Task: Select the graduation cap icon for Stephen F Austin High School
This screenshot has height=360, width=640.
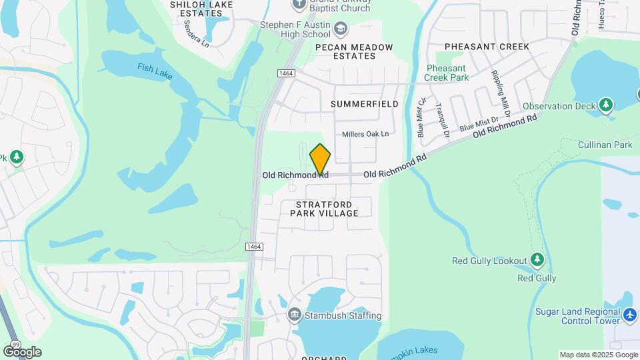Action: tap(341, 29)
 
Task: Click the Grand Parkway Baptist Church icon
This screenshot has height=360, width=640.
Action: tap(299, 3)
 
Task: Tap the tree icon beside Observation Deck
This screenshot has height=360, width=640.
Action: tap(605, 105)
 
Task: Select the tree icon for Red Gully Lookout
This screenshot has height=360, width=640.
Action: tap(537, 260)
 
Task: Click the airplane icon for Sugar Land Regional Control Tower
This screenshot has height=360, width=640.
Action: tap(630, 313)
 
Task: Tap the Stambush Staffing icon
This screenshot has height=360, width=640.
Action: tap(294, 315)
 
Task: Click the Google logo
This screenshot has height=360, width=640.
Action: tap(22, 351)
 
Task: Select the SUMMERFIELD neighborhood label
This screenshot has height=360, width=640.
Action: tap(364, 104)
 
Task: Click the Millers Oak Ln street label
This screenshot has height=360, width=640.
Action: tap(365, 134)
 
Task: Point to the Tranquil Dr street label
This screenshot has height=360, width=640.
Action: tap(443, 121)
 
